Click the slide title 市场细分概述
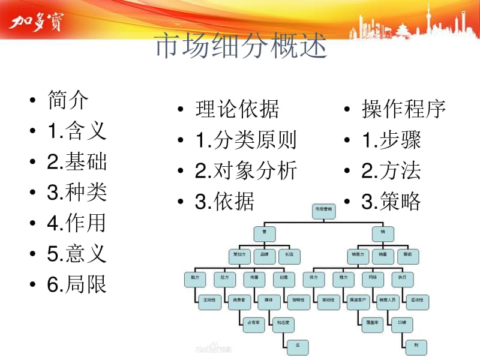pyautogui.click(x=241, y=47)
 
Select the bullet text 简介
pyautogui.click(x=68, y=100)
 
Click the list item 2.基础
pyautogui.click(x=77, y=161)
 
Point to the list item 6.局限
pyautogui.click(x=77, y=284)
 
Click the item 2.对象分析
pyautogui.click(x=246, y=171)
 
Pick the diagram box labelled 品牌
pyautogui.click(x=264, y=254)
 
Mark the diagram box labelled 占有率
pyautogui.click(x=253, y=322)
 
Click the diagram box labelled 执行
pyautogui.click(x=402, y=277)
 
